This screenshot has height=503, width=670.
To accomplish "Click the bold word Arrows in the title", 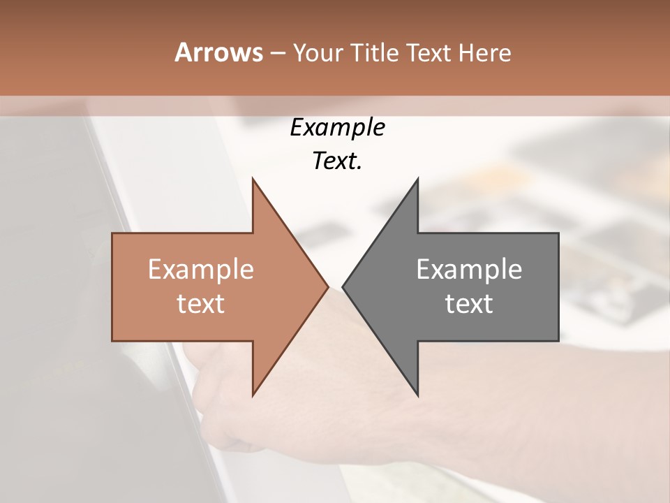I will [218, 52].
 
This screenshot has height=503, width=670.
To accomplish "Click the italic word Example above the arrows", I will [337, 128].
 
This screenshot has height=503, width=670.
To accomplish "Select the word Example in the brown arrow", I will [201, 270].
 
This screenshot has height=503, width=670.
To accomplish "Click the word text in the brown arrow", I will [201, 304].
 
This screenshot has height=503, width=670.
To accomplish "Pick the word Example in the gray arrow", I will [469, 270].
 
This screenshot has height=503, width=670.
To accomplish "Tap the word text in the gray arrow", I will [469, 304].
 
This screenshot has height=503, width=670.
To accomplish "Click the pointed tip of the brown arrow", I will [327, 287].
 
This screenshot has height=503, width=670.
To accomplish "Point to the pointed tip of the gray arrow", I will [343, 287].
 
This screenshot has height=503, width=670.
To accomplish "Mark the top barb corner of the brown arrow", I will [253, 179].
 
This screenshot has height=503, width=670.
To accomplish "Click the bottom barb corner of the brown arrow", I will [253, 395].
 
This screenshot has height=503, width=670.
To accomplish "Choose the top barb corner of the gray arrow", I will [417, 179].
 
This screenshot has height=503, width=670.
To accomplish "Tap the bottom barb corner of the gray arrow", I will [417, 395].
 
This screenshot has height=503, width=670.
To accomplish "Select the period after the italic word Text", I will [359, 168].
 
